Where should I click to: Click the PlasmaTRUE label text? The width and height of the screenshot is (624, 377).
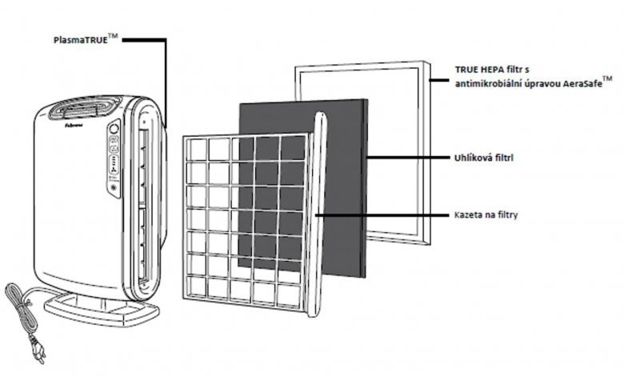coord(81,38)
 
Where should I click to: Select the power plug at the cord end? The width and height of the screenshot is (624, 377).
coord(35,352)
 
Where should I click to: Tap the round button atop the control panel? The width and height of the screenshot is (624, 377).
coord(114,126)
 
